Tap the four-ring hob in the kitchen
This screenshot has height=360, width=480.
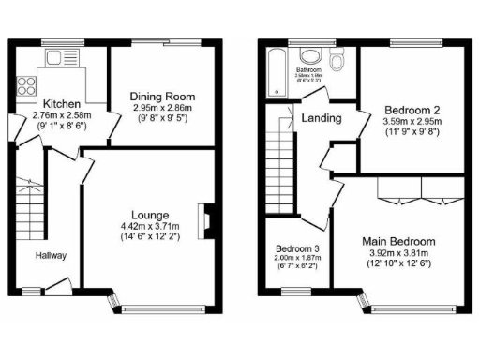point(22,86)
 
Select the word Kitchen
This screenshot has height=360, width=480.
point(61,103)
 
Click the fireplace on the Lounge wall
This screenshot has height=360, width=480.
point(203,217)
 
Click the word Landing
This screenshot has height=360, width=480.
point(320,119)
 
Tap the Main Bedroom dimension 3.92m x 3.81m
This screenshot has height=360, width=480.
point(397,253)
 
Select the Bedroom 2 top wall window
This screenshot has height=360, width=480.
point(406,44)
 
